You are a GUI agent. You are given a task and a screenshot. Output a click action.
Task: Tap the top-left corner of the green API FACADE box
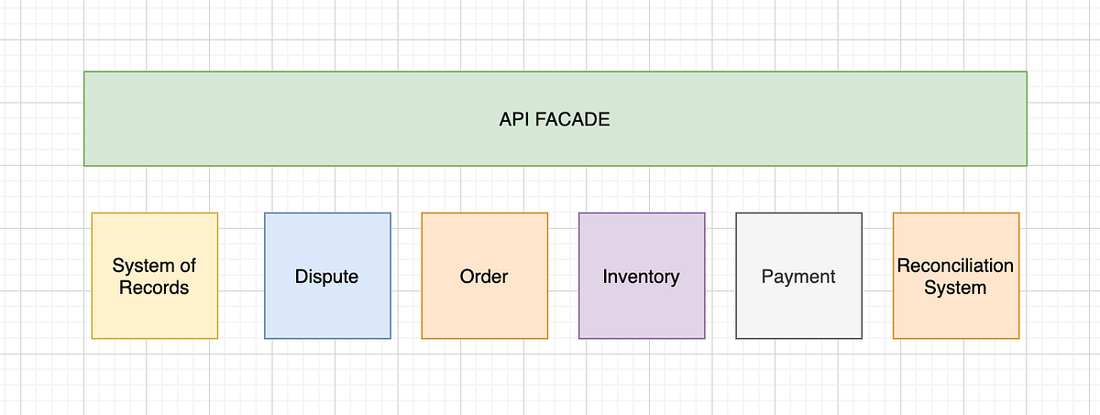point(84,71)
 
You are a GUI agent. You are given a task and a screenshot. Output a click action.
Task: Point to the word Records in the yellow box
point(154,288)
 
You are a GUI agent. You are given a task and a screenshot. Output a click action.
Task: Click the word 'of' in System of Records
point(187,266)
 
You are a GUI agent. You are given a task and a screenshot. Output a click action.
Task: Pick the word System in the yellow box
point(143,266)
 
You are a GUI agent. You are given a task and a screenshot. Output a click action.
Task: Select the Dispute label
point(326,277)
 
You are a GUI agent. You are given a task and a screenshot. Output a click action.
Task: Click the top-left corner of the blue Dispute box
point(265,213)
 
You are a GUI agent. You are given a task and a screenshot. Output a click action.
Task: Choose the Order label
point(484,277)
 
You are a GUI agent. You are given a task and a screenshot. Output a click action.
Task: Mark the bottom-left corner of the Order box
point(423,338)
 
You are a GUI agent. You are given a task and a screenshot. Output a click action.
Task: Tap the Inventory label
point(641,277)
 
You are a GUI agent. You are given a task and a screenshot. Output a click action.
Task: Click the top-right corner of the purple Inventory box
point(705,213)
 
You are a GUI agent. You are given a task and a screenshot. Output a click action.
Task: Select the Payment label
point(798,277)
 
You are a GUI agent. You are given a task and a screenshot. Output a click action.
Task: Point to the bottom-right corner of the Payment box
point(862,338)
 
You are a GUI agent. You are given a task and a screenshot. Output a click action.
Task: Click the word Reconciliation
point(955,266)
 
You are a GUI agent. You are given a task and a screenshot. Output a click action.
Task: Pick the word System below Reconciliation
point(955,288)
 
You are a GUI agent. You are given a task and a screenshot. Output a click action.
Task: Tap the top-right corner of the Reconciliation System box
point(1018,213)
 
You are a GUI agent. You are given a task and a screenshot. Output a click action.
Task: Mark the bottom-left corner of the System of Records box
point(93,338)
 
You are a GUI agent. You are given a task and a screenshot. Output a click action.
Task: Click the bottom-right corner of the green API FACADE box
point(1027,165)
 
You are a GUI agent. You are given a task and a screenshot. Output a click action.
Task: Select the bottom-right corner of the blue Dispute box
point(390,338)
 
